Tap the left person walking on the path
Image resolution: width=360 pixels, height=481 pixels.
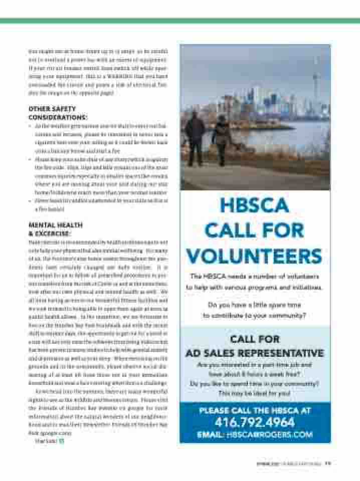click(x=195, y=138)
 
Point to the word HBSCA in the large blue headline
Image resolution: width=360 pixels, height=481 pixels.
click(x=254, y=205)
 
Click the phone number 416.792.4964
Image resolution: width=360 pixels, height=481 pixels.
click(x=255, y=422)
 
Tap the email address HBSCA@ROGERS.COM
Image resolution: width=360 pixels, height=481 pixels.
click(x=255, y=435)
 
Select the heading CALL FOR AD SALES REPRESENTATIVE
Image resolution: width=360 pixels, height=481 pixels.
click(x=255, y=346)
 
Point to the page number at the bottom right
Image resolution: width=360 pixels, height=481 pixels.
click(x=327, y=463)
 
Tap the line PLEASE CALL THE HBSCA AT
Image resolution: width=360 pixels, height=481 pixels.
click(x=255, y=410)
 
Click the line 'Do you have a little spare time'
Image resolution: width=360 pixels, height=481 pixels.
click(x=255, y=305)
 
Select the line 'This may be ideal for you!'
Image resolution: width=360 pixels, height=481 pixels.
click(x=255, y=393)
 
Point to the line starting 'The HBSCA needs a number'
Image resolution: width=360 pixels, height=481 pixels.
click(x=255, y=276)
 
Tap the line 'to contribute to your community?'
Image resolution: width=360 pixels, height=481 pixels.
click(x=255, y=316)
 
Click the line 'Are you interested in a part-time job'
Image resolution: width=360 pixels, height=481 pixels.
click(x=255, y=365)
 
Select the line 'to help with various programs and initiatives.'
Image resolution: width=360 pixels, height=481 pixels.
click(x=255, y=287)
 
